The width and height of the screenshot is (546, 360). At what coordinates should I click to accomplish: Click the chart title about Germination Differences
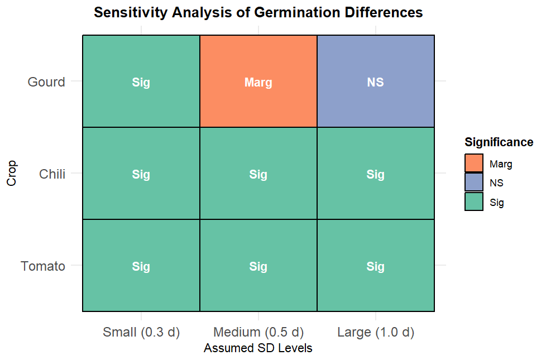tap(258, 12)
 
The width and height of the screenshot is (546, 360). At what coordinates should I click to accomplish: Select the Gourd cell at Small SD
tap(141, 81)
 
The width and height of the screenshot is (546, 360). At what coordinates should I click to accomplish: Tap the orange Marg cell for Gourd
tap(258, 81)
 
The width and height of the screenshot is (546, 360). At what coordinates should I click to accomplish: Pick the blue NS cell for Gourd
tap(376, 81)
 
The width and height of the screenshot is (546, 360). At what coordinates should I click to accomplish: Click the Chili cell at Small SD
tap(141, 174)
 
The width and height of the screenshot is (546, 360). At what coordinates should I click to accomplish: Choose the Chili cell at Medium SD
tap(258, 174)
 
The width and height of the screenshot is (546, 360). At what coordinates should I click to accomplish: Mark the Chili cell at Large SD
tap(376, 174)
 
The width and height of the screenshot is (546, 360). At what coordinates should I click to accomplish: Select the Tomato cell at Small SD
tap(141, 266)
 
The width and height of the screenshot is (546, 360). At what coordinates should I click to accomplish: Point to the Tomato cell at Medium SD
tap(258, 266)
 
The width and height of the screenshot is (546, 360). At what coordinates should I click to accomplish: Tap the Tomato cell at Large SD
tap(376, 266)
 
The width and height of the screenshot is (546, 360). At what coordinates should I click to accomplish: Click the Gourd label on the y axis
tap(46, 82)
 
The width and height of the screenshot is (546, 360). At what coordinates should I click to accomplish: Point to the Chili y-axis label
tap(52, 174)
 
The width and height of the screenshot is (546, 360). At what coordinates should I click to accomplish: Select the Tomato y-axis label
tap(43, 266)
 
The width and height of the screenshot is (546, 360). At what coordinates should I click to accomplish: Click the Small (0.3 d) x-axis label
tap(141, 333)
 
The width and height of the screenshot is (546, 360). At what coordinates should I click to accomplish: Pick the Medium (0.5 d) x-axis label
tap(258, 333)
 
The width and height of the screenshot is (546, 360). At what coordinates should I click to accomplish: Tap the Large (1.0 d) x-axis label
tap(376, 333)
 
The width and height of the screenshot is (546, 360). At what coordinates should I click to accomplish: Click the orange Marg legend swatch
tap(474, 164)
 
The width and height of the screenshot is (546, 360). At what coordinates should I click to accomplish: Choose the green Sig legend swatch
tap(474, 202)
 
